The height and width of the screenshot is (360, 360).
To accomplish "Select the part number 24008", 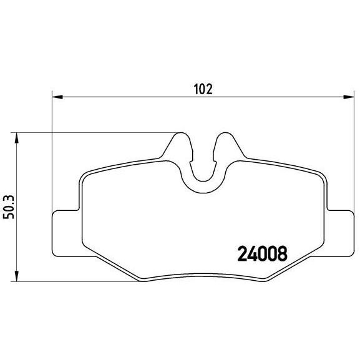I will point(262,253).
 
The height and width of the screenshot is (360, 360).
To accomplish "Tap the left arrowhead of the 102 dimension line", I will point(56,97).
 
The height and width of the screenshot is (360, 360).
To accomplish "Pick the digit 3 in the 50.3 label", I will point(7,195).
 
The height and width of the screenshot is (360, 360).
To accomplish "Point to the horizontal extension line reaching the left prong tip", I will point(94,132).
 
